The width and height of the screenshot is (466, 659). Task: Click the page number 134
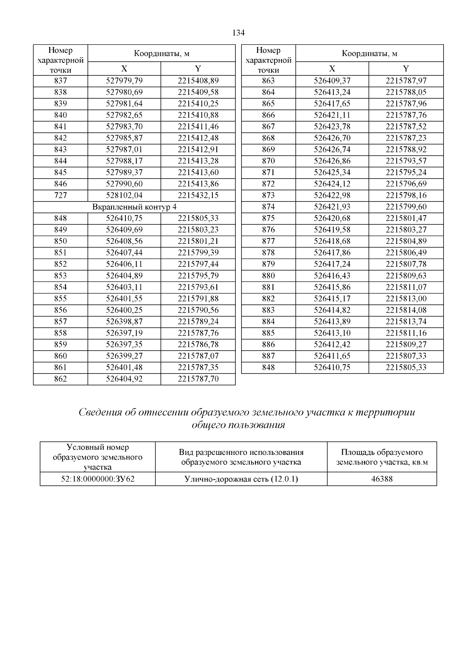point(238,33)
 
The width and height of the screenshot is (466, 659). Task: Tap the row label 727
point(61,195)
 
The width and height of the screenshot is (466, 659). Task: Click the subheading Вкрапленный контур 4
point(134,207)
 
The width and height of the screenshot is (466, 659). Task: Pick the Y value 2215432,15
point(198,195)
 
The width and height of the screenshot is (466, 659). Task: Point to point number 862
point(61,379)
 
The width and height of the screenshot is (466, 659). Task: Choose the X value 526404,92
point(124,379)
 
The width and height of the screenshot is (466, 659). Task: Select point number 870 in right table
point(268,161)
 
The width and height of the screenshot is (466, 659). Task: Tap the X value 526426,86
point(332,161)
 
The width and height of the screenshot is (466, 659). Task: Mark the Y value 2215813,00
point(406,299)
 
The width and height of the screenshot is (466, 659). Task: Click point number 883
point(268,310)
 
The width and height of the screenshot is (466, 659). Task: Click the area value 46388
point(382,479)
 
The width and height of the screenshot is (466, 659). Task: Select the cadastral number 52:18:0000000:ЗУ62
point(98,479)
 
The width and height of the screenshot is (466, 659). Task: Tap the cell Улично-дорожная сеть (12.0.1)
point(241,479)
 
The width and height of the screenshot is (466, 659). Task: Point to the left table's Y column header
point(198,69)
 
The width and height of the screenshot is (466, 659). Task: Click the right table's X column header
point(332,69)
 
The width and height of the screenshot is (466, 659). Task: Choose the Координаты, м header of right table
point(369,54)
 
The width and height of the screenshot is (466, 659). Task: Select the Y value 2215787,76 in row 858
point(198,333)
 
